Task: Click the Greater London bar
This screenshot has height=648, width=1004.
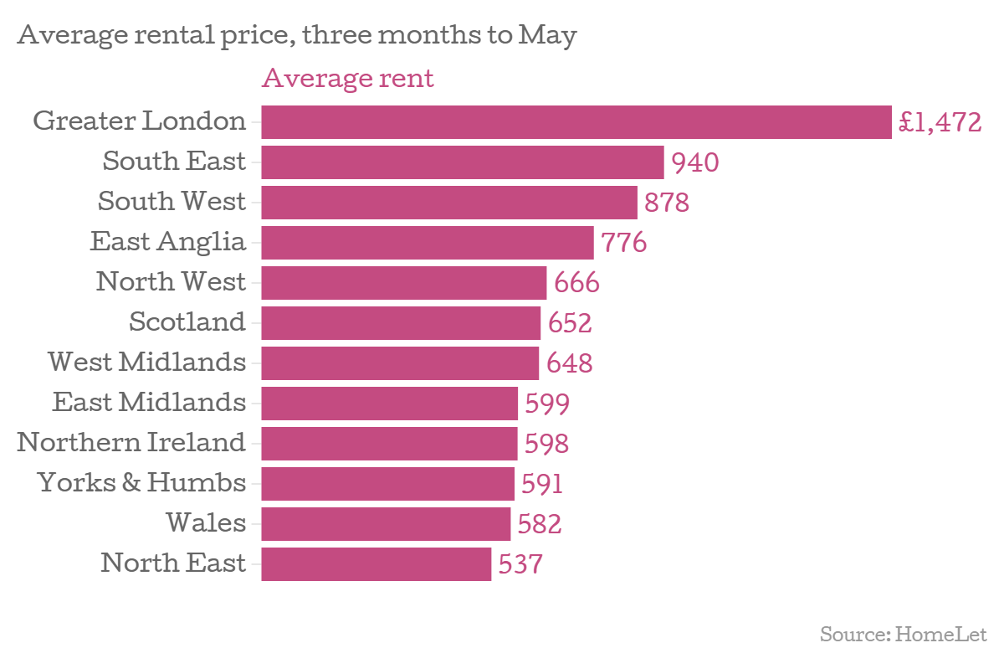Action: pos(576,122)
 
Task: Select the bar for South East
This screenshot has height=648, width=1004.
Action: pos(462,162)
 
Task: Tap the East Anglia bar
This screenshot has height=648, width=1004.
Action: pos(427,243)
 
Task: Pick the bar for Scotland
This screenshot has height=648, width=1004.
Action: pos(401,323)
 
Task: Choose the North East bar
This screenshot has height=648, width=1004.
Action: pos(376,564)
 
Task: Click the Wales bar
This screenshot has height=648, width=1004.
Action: pos(386,524)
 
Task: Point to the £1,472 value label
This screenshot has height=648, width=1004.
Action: pos(939,123)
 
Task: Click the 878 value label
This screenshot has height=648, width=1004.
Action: pos(667,203)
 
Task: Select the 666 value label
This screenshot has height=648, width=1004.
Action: pos(576,283)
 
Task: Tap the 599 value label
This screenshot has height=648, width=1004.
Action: pos(547,404)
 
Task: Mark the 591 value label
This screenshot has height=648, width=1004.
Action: pos(542,484)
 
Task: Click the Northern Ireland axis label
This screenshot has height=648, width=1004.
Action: pos(131,442)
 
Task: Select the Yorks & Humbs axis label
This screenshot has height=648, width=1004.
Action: pos(141,483)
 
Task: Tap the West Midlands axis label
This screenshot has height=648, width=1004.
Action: pos(146,363)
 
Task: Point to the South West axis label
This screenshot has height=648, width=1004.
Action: pos(172,202)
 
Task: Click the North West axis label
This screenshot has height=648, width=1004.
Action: pos(171,282)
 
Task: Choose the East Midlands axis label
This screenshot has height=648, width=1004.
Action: pos(149,403)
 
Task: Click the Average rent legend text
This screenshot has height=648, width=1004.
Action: pos(348,79)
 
